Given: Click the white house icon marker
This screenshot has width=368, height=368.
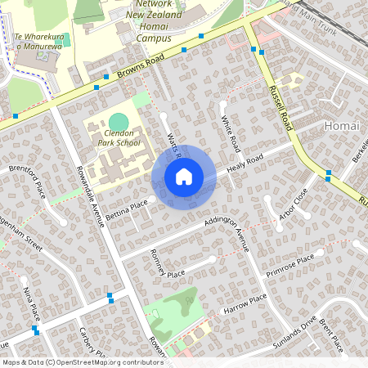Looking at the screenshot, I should tap(183, 177).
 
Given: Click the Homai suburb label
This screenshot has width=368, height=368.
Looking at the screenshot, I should tap(341, 126).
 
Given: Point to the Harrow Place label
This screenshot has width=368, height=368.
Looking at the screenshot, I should tap(245, 307).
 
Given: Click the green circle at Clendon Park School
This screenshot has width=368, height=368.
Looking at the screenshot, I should tap(119, 121).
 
